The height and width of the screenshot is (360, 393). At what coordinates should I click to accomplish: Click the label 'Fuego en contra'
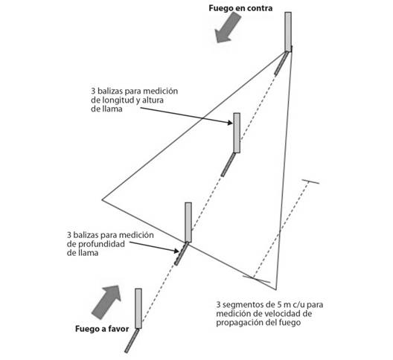240,8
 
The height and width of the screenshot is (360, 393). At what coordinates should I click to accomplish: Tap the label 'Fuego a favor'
102,329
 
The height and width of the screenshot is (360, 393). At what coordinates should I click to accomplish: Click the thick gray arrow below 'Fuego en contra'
227,28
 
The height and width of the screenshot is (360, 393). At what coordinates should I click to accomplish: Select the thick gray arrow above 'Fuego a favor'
106,301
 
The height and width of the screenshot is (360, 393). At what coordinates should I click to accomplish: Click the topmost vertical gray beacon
288,32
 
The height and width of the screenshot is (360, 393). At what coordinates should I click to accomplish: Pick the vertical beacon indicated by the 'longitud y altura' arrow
237,133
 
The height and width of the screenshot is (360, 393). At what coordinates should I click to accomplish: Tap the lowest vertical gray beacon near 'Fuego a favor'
138,309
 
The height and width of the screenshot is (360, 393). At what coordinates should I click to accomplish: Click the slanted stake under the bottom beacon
132,341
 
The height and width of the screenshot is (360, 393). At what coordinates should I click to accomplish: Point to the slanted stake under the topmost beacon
281,63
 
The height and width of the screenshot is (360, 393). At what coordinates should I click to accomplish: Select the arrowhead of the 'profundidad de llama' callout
176,251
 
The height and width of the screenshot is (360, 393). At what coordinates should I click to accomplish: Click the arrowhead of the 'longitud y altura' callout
230,123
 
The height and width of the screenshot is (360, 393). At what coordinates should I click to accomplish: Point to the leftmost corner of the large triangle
102,199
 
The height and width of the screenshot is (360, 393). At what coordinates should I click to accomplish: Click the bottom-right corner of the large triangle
276,290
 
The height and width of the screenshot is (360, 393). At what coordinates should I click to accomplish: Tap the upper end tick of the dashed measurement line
310,181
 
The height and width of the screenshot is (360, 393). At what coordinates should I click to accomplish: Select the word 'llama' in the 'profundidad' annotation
83,253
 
